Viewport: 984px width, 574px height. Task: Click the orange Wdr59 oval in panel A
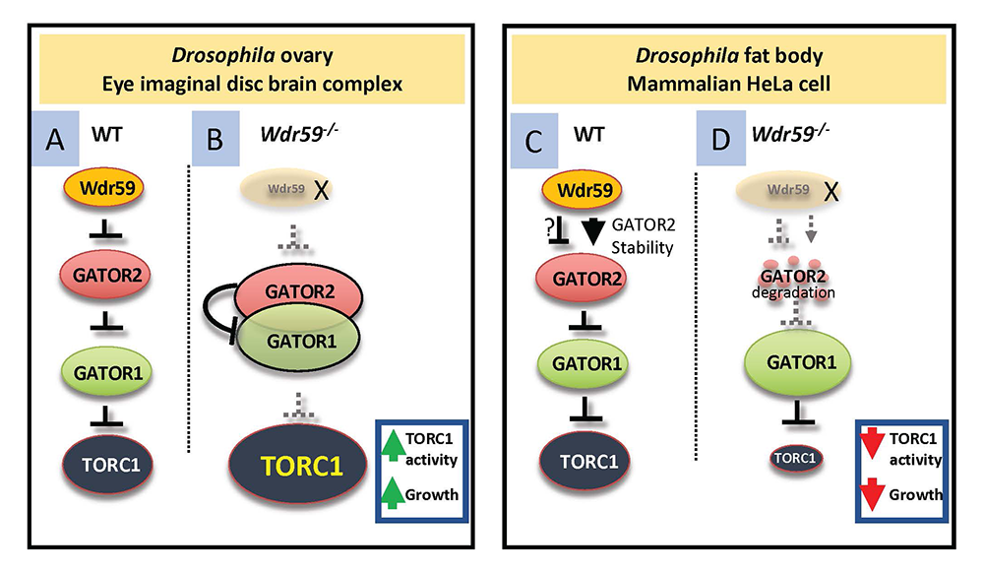(104, 188)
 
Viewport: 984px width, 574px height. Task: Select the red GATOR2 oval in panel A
(105, 275)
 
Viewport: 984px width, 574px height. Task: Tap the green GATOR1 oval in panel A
(106, 372)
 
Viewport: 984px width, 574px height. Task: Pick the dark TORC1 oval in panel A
(108, 466)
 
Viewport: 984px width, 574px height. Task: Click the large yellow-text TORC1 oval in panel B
(299, 466)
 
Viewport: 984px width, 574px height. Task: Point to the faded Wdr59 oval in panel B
(286, 188)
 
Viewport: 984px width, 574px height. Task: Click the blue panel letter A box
(55, 139)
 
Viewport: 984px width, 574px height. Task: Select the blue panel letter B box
(215, 139)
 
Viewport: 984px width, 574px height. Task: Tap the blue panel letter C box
(534, 141)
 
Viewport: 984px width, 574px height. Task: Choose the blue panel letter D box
(721, 139)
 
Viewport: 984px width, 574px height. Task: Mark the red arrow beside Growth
(872, 494)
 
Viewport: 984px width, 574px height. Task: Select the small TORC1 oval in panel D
(796, 459)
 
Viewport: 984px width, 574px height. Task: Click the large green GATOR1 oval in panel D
(797, 362)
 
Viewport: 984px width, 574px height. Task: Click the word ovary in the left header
(306, 56)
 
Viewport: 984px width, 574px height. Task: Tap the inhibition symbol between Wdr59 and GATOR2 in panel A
(105, 229)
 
